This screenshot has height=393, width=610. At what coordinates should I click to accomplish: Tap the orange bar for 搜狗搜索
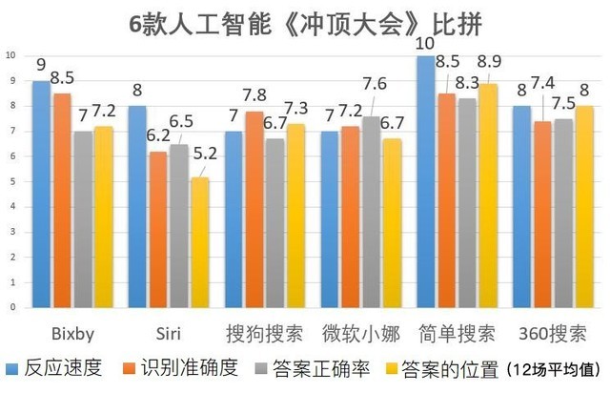click(x=254, y=209)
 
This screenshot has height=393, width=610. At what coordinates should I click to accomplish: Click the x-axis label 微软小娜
click(x=359, y=335)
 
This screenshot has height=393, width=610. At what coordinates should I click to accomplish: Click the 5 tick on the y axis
click(x=10, y=181)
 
